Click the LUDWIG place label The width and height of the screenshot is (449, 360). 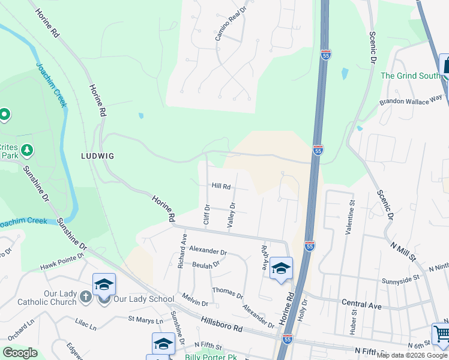[97, 155]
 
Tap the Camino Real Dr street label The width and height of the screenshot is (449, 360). [231, 25]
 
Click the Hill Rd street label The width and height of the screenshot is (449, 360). [221, 187]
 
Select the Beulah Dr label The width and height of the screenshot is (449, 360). [206, 263]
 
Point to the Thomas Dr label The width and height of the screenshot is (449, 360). [227, 292]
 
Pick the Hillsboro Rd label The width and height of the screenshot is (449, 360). [221, 325]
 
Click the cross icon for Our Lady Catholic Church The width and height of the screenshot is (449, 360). [86, 296]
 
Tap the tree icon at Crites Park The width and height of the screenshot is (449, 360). [26, 149]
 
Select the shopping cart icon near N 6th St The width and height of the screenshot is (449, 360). [441, 333]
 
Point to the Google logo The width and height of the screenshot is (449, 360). [20, 353]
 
